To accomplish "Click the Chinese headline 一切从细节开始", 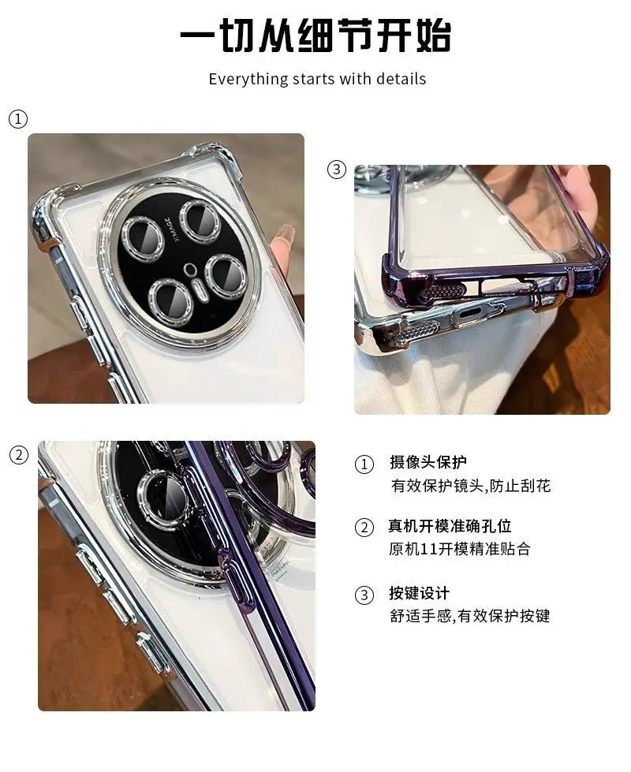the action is coord(315,35).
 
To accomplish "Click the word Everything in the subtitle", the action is coord(248,80).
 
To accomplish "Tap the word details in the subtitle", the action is coord(401,79).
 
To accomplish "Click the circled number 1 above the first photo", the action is coord(18,119).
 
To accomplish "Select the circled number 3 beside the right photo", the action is coord(337,170).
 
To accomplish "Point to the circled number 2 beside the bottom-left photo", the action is coord(19,456).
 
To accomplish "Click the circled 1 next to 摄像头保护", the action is coord(364,464).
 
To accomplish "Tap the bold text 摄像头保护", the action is coord(428,462).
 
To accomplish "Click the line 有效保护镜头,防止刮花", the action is coord(471,486).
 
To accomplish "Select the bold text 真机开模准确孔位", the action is coord(450,526).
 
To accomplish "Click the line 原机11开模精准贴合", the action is coord(459,549).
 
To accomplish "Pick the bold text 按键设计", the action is coord(419,593).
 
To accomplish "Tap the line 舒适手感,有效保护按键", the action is coord(470,615).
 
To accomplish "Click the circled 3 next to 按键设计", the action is coord(364,595).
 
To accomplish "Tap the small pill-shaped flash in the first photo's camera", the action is coord(200,289).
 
